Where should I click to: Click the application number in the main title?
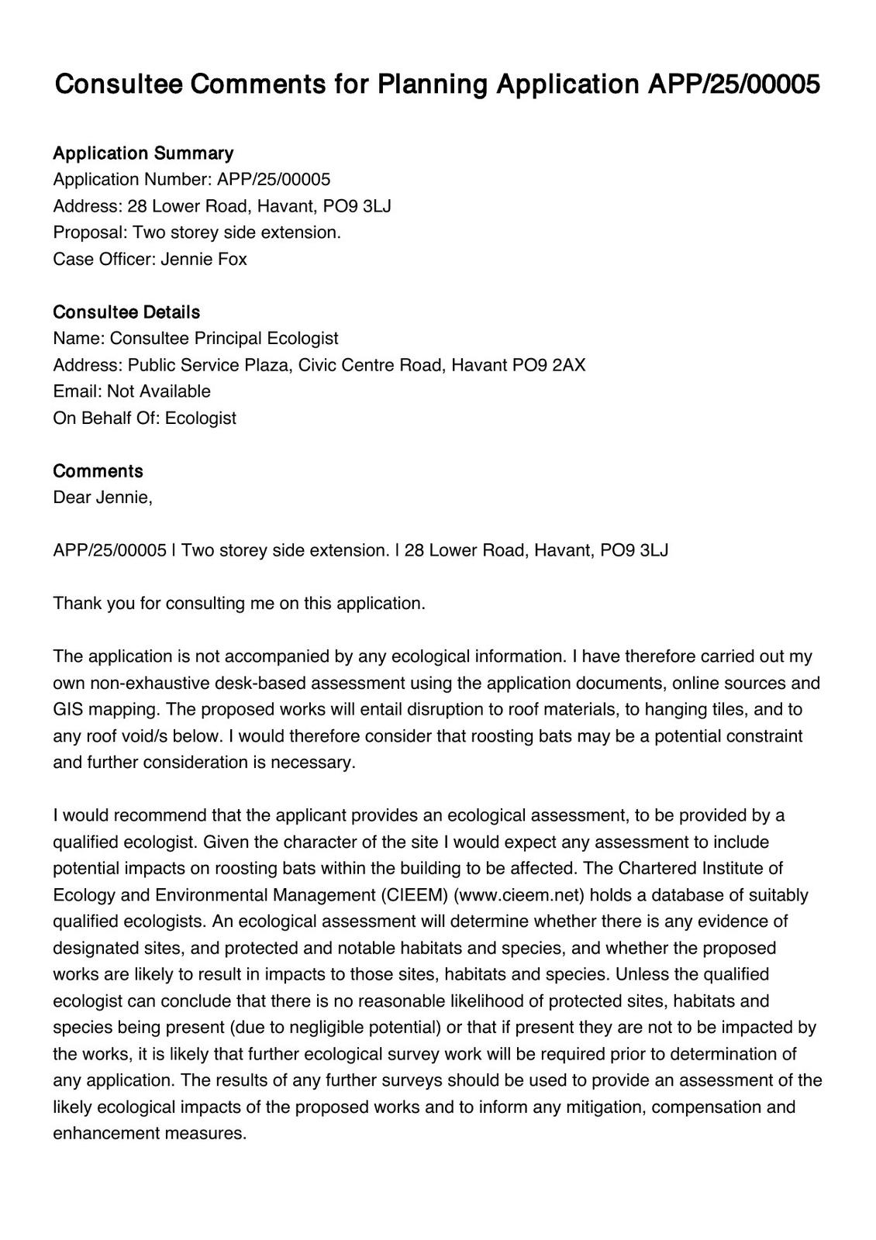tap(733, 84)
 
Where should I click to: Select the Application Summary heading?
tap(143, 153)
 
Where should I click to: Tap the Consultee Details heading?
tap(126, 312)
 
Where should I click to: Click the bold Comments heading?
tap(98, 470)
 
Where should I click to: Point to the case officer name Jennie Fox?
tap(204, 259)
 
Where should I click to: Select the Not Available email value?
tap(159, 391)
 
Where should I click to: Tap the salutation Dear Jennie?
tap(102, 497)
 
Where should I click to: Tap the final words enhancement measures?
tap(149, 1133)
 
